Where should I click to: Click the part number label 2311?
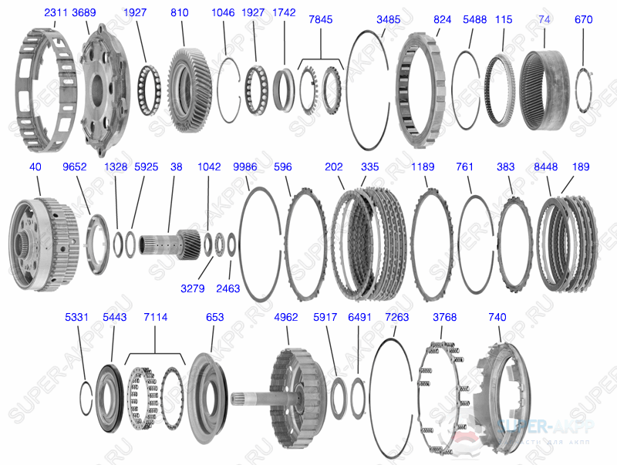coord(56,13)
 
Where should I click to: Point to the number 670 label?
coord(584,19)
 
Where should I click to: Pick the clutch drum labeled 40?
coord(42,239)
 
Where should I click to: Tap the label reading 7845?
coord(320,19)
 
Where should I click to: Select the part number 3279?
coord(193,288)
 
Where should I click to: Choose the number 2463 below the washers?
coord(228,288)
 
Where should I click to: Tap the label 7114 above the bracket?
coord(155,317)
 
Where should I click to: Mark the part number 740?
coord(498,317)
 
